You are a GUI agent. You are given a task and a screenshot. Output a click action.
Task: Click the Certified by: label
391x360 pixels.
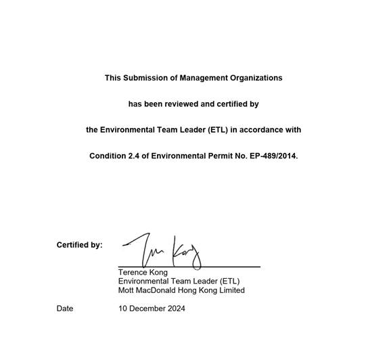pos(79,245)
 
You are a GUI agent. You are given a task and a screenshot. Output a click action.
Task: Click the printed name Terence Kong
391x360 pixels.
pos(143,272)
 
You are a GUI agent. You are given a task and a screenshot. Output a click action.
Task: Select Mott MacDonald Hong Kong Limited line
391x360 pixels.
pos(181,290)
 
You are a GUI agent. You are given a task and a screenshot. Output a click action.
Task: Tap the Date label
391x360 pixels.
pos(65,309)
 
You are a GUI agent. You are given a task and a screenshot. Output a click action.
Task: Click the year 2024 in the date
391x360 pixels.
pos(175,309)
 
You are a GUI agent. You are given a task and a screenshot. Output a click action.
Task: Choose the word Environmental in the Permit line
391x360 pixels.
pos(178,156)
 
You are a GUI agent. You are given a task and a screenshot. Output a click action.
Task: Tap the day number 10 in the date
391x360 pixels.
pos(123,309)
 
